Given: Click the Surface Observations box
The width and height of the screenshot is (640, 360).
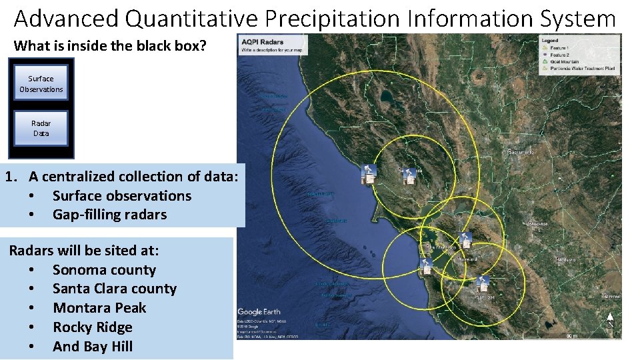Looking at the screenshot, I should [x=41, y=83].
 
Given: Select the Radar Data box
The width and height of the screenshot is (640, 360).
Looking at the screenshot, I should [x=41, y=128].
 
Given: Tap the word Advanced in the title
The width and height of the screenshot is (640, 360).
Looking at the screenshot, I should [x=65, y=18].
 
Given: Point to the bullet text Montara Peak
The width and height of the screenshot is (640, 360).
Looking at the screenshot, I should [x=99, y=308].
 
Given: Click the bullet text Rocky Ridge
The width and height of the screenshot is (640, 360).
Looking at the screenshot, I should [x=93, y=327].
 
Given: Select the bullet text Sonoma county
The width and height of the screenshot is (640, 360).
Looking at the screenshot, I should [x=104, y=270].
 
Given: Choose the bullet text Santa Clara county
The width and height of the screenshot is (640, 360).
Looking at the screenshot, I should [x=115, y=289].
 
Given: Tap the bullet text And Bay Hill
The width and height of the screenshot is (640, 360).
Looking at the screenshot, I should [x=93, y=347].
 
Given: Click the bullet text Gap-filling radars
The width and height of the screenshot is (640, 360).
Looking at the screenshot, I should [x=109, y=215].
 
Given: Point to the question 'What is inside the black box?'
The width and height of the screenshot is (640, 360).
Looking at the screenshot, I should [x=110, y=46].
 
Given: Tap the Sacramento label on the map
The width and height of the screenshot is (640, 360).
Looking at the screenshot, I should [x=521, y=152].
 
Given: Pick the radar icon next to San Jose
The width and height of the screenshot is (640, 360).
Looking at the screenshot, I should [x=483, y=283].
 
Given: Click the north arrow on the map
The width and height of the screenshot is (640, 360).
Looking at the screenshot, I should [x=609, y=319].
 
